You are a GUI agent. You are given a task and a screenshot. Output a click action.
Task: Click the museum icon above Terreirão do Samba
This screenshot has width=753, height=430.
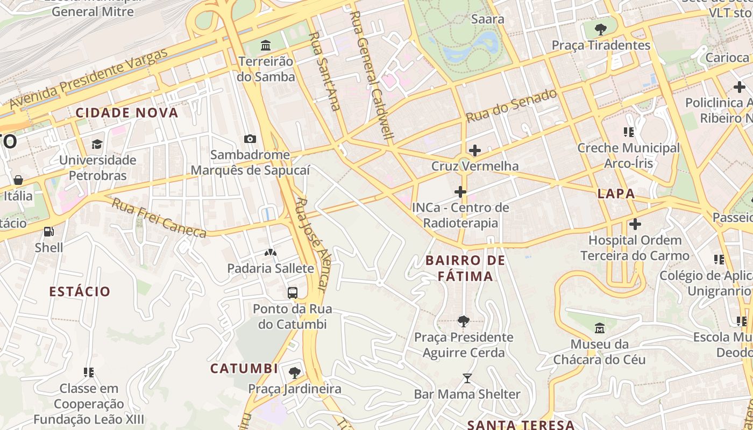[265, 45]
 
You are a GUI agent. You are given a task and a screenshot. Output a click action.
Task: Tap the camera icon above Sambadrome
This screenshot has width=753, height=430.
[250, 139]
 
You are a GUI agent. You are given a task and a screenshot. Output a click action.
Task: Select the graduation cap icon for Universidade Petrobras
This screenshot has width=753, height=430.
[97, 144]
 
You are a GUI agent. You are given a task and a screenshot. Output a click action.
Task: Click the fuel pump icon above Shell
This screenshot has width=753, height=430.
[48, 232]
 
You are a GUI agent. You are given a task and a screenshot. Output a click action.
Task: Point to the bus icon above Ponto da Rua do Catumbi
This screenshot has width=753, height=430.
[292, 293]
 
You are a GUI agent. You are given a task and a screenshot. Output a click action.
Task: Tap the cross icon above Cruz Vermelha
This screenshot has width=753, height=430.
[474, 150]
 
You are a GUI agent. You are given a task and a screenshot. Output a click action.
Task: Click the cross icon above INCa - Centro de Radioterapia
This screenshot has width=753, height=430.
[460, 191]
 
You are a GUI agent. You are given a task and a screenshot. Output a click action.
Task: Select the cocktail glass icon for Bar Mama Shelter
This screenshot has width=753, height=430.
[467, 378]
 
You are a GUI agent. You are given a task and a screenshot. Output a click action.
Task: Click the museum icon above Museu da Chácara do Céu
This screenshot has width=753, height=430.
[599, 327]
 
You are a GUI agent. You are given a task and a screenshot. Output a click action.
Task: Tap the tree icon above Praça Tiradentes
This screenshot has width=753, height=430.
[600, 29]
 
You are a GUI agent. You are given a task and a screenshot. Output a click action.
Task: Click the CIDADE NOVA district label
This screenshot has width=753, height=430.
[126, 113]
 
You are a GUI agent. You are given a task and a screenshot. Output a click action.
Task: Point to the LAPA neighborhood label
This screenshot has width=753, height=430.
[616, 194]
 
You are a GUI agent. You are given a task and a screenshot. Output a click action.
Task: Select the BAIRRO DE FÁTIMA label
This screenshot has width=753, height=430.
[465, 268]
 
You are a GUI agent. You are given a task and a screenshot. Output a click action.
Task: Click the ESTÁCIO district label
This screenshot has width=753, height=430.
[80, 292]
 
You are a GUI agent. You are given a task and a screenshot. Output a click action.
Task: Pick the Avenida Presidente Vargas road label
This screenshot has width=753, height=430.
[89, 78]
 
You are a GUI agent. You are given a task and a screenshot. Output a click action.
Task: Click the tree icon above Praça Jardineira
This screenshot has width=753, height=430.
[294, 372]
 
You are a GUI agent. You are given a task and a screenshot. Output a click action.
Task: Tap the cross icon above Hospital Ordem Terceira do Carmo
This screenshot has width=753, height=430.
[635, 224]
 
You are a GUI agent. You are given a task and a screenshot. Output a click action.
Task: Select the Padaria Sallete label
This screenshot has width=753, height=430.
[270, 268]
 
